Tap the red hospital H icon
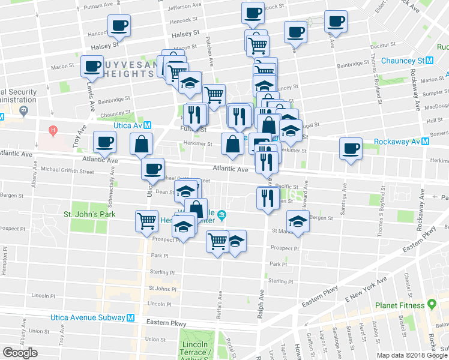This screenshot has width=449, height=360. (x=53, y=130)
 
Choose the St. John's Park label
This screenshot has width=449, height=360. (x=89, y=214)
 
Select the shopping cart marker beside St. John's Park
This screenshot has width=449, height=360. (x=146, y=221)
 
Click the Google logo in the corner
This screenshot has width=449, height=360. (x=20, y=353)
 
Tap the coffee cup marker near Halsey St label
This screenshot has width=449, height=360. (x=119, y=26)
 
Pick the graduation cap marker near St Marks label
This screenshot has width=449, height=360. (x=298, y=221)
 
